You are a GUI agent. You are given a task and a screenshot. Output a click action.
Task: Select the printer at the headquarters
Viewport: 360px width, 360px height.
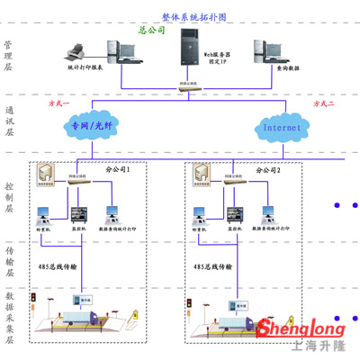pyautogui.click(x=76, y=51)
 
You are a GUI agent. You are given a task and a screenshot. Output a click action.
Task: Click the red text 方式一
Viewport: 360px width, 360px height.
pyautogui.click(x=58, y=104)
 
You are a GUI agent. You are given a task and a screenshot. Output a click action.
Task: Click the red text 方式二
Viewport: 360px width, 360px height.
pyautogui.click(x=322, y=104)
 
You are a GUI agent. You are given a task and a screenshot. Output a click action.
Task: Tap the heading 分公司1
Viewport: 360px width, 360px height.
pyautogui.click(x=119, y=168)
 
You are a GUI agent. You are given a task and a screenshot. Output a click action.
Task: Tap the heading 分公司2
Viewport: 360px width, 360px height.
pyautogui.click(x=267, y=169)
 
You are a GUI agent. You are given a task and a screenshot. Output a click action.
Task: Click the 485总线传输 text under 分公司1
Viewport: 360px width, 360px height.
pyautogui.click(x=58, y=266)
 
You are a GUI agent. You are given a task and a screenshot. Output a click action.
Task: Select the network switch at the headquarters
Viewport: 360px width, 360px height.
pyautogui.click(x=187, y=83)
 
